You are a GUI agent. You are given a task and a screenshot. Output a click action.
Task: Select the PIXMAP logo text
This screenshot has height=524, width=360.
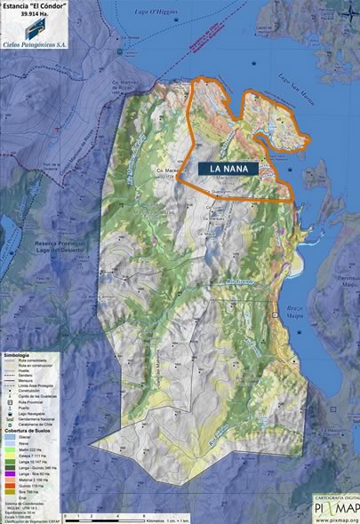pos(335,508)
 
